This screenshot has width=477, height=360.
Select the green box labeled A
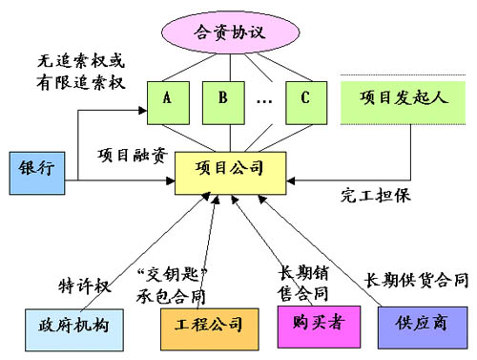(x=168, y=98)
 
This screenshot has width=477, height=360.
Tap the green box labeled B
(x=221, y=98)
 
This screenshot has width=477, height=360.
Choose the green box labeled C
(x=304, y=98)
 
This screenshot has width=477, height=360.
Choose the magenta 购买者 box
(x=312, y=323)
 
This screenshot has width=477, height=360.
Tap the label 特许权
(x=81, y=283)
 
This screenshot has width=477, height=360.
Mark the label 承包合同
(x=180, y=292)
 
